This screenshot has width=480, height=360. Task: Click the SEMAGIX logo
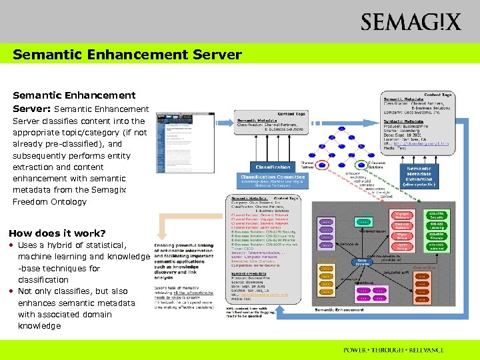point(411,22)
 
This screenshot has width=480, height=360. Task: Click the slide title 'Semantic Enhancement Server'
point(127,54)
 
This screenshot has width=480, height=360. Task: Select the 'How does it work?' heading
point(57,233)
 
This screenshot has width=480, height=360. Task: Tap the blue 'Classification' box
point(273,167)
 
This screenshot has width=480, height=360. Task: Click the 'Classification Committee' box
point(272,179)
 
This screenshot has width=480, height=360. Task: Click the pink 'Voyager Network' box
point(402,215)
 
